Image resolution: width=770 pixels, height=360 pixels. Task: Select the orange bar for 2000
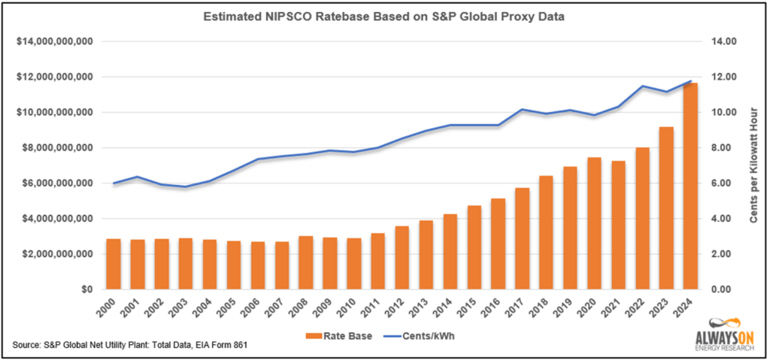114,264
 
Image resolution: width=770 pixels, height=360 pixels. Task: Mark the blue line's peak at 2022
642,86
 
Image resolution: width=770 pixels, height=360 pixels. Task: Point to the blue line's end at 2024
690,81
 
